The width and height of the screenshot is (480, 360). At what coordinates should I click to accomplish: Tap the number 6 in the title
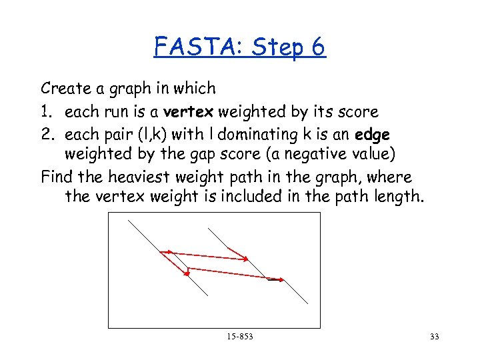[x=317, y=47]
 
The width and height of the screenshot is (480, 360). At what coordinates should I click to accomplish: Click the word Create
[x=65, y=88]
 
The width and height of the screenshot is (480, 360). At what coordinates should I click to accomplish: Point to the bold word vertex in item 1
[x=193, y=111]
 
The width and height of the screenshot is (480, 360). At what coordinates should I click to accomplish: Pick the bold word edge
[x=373, y=134]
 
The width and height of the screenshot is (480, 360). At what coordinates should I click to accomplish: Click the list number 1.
[x=47, y=111]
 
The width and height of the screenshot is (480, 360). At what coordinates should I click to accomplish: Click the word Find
[x=56, y=177]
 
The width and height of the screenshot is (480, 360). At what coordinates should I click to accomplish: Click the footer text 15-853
[x=240, y=337]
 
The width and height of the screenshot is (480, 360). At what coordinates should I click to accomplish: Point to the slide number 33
[x=435, y=337]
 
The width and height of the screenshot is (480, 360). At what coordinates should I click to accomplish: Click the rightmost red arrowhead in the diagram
[x=282, y=279]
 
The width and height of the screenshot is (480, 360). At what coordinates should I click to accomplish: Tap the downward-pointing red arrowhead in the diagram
[x=185, y=273]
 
